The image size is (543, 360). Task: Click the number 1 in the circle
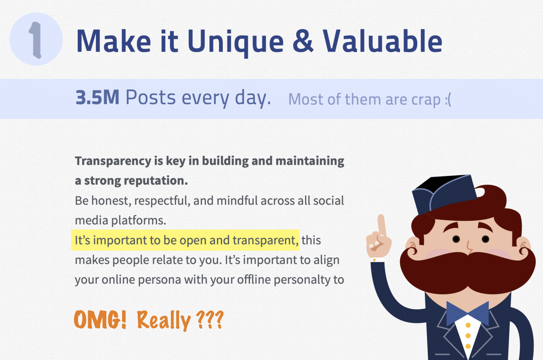(35, 40)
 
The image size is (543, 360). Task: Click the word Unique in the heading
(235, 42)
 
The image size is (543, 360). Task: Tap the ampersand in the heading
(303, 41)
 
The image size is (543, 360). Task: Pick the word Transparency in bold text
(113, 161)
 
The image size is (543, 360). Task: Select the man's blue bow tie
(467, 313)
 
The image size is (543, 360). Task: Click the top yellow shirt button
(468, 325)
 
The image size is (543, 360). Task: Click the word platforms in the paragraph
(138, 221)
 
